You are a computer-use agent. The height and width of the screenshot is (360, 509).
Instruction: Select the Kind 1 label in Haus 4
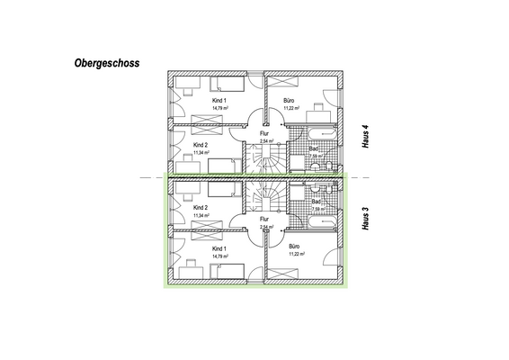[x=219, y=101]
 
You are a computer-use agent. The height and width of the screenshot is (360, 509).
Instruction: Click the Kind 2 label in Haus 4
[x=201, y=144]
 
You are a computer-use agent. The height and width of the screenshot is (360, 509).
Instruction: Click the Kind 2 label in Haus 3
[x=201, y=208]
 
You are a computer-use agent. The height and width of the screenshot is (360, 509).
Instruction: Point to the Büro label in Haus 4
[x=290, y=101]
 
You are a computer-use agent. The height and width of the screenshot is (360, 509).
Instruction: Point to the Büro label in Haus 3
[x=294, y=246]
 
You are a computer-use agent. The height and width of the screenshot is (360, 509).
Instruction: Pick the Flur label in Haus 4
[x=264, y=133]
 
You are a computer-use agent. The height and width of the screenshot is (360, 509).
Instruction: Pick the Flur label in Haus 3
[x=264, y=219]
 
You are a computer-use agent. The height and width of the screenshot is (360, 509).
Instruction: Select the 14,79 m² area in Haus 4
[x=219, y=108]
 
